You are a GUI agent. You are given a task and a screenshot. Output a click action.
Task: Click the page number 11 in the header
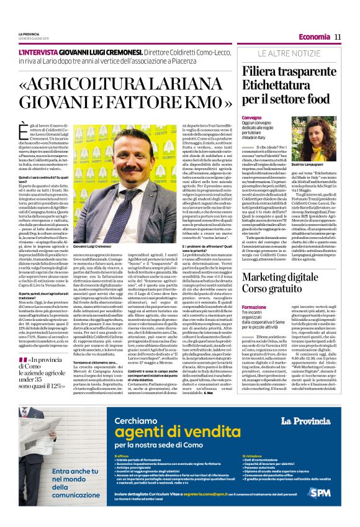338,37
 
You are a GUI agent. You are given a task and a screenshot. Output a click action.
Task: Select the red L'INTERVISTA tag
40,55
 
